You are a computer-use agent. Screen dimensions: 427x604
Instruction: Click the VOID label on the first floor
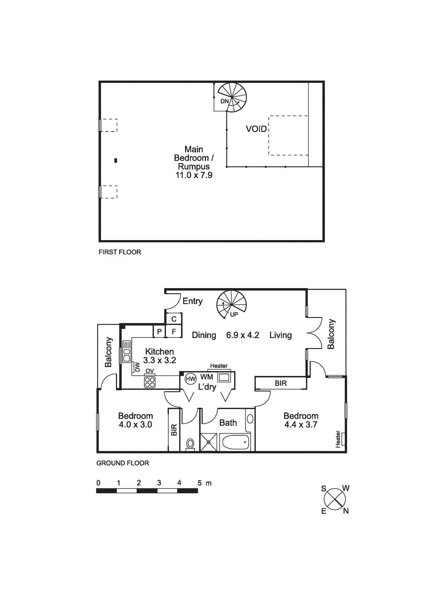tap(256, 129)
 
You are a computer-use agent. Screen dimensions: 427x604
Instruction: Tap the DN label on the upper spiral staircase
tap(224, 101)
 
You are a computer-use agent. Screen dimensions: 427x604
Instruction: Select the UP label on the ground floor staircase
tap(234, 314)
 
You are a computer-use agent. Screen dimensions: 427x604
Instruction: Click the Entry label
tap(193, 301)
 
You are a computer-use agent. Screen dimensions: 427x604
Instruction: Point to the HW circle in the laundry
tap(190, 379)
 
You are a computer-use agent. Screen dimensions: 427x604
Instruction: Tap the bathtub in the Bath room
tap(234, 442)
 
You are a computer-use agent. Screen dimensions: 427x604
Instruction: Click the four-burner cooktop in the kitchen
tap(150, 382)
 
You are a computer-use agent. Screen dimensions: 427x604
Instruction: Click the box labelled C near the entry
tap(174, 319)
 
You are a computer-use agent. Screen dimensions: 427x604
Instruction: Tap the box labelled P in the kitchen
tap(159, 332)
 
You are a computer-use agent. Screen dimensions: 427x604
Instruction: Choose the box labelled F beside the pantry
tap(174, 332)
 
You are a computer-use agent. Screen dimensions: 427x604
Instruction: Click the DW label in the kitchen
tap(137, 367)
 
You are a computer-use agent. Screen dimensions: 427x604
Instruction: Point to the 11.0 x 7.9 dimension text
tap(194, 175)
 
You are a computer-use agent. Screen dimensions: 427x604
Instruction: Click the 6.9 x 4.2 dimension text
tap(242, 335)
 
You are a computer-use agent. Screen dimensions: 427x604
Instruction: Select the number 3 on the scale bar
tap(159, 483)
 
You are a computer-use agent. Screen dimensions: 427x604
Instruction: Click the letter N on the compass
tap(345, 511)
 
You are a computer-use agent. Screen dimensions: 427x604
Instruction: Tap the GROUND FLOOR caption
tap(123, 463)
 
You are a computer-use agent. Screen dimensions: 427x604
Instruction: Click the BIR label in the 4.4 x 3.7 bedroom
tap(281, 383)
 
